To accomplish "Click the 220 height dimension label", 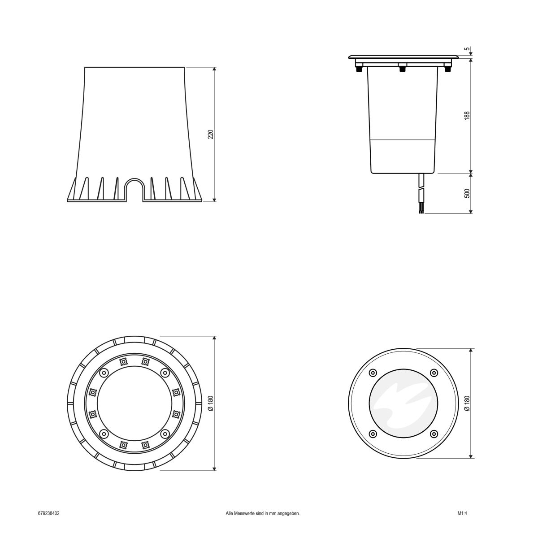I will [x=210, y=134].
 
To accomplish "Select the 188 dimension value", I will [x=467, y=115].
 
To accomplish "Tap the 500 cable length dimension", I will [x=467, y=193].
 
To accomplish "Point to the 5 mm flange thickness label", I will [x=467, y=49].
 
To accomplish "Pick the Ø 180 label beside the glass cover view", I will [x=467, y=403].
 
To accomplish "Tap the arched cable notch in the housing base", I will [x=134, y=188].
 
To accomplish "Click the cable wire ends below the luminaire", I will [x=421, y=209].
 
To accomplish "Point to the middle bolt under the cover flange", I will [x=402, y=69].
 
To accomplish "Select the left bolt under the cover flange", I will [x=359, y=69].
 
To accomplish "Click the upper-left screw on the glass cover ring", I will [x=372, y=373].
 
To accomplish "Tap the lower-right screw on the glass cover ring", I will [x=434, y=434].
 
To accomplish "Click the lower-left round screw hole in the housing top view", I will [x=104, y=434].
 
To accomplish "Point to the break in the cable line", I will [x=421, y=189].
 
